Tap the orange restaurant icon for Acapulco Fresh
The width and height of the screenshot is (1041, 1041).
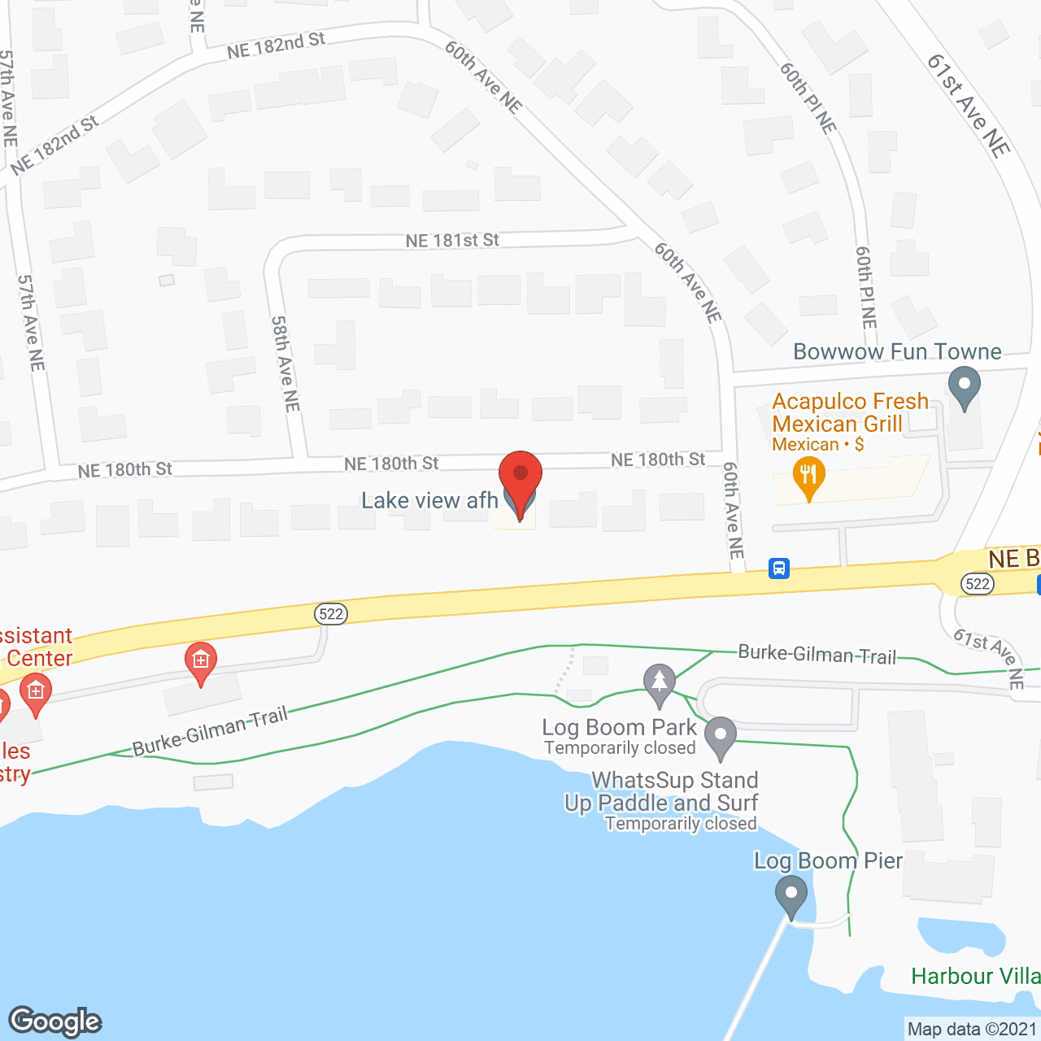[x=808, y=476]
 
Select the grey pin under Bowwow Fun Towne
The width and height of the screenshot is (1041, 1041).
[x=965, y=387]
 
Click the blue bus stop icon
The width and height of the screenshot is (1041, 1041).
[x=779, y=568]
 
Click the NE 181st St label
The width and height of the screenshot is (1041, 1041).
[x=452, y=241]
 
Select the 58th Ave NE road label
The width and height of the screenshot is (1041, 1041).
[x=285, y=364]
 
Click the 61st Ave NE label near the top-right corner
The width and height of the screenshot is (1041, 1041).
[x=969, y=105]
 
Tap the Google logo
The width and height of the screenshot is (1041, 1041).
[x=55, y=1021]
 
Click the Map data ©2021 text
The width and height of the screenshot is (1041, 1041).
[x=972, y=1030]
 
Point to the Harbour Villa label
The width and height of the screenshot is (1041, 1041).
[x=975, y=976]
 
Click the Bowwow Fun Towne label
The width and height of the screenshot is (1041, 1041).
[x=897, y=351]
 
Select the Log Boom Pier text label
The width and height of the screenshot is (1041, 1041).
[x=828, y=860]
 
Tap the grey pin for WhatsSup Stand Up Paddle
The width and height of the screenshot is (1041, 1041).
[x=720, y=737]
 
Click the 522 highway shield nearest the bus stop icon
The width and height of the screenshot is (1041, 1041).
[x=977, y=583]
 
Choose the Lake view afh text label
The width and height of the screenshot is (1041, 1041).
[x=429, y=500]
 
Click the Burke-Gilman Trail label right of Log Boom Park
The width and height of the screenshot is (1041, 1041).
[x=817, y=655]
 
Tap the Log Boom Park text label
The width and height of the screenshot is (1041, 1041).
[x=620, y=727]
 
